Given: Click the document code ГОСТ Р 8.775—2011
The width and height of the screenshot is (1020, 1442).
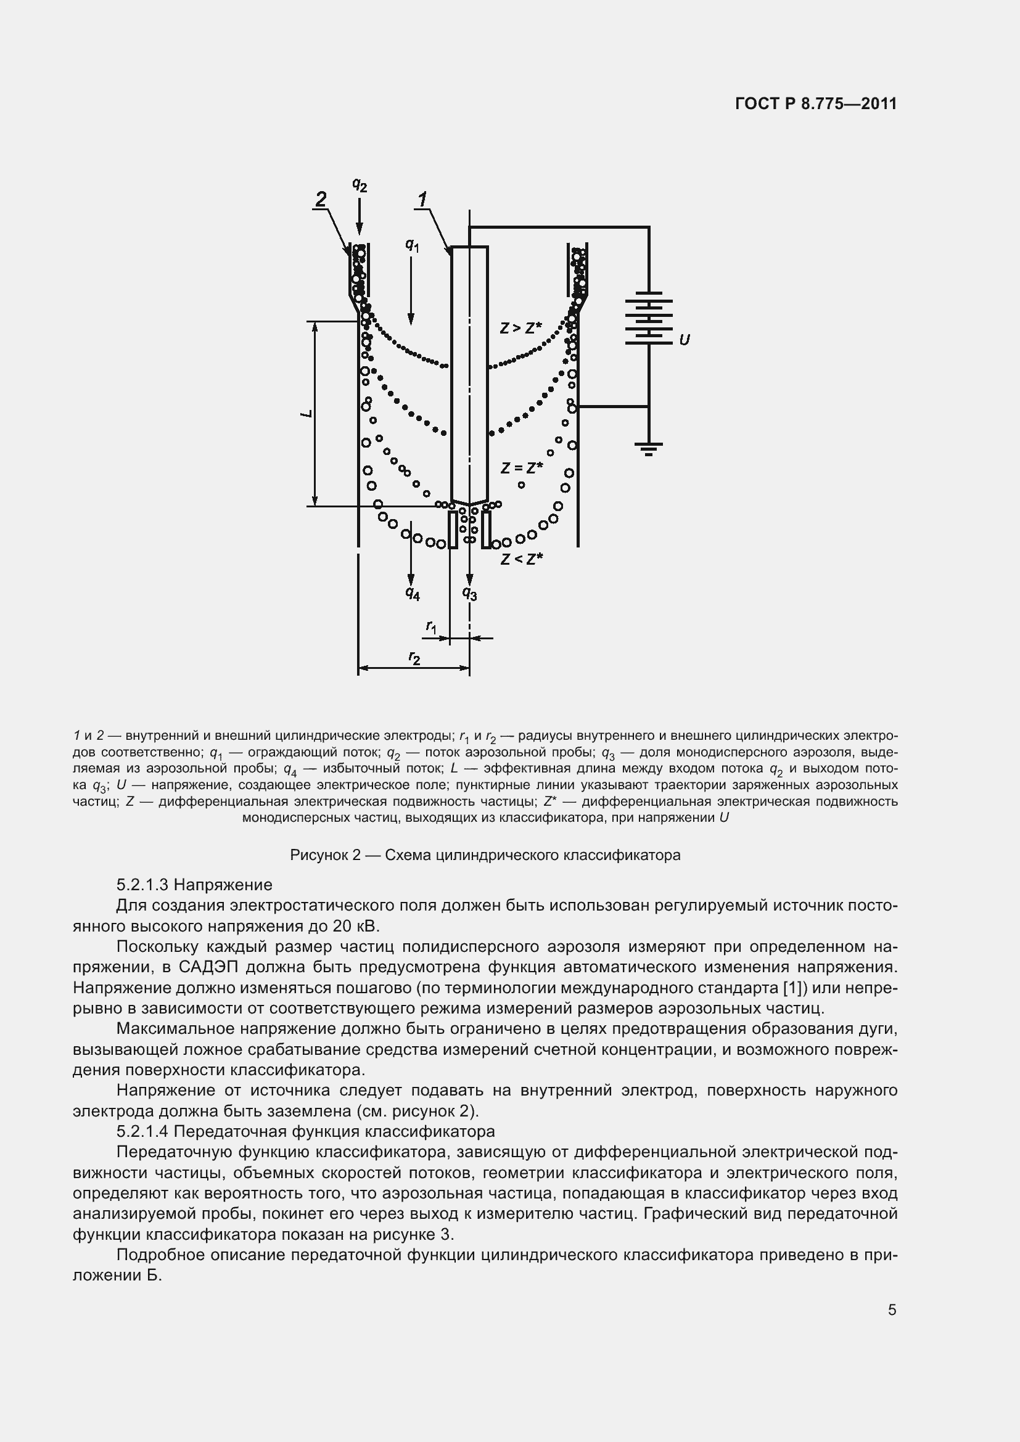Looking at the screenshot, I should point(815,104).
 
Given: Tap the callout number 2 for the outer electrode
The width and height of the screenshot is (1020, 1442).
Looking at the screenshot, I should point(321,199).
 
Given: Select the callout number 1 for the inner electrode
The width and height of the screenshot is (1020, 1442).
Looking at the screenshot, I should point(422,199).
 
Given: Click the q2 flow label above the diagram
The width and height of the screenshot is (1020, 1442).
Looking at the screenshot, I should point(360,185).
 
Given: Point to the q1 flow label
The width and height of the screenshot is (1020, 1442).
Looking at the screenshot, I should point(412,245).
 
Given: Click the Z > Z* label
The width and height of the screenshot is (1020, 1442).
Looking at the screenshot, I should point(520,328).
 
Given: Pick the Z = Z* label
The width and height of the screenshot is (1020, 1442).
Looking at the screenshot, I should point(521,468).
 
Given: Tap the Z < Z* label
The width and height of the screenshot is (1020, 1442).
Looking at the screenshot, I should point(521,559).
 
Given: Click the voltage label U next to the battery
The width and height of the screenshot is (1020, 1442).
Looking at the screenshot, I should point(685,340).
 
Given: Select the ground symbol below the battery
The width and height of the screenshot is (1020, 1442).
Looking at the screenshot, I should point(649,448).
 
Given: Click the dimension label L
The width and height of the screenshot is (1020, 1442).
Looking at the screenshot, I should point(307,413).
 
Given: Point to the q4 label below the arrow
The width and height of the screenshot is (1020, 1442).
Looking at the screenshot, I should point(413,593).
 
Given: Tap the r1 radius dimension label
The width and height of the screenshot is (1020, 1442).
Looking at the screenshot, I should point(432,626).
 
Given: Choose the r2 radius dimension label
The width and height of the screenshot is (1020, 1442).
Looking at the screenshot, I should point(414,658).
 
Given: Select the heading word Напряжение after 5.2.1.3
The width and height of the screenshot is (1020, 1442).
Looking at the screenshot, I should point(223,885).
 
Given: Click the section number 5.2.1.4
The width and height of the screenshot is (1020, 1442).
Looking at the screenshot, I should point(142,1131).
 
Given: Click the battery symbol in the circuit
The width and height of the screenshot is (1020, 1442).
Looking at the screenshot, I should point(649,317).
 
